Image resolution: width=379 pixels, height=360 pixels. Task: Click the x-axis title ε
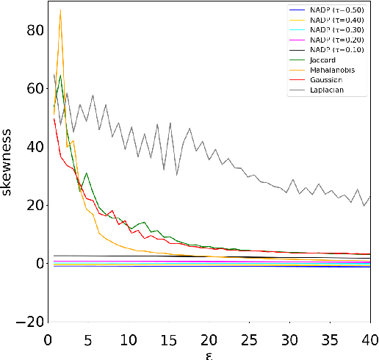(209, 353)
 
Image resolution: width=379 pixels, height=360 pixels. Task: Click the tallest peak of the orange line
(60, 10)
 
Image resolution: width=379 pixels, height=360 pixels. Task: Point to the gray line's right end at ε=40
(370, 195)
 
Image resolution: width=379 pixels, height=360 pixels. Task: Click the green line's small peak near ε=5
(87, 173)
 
